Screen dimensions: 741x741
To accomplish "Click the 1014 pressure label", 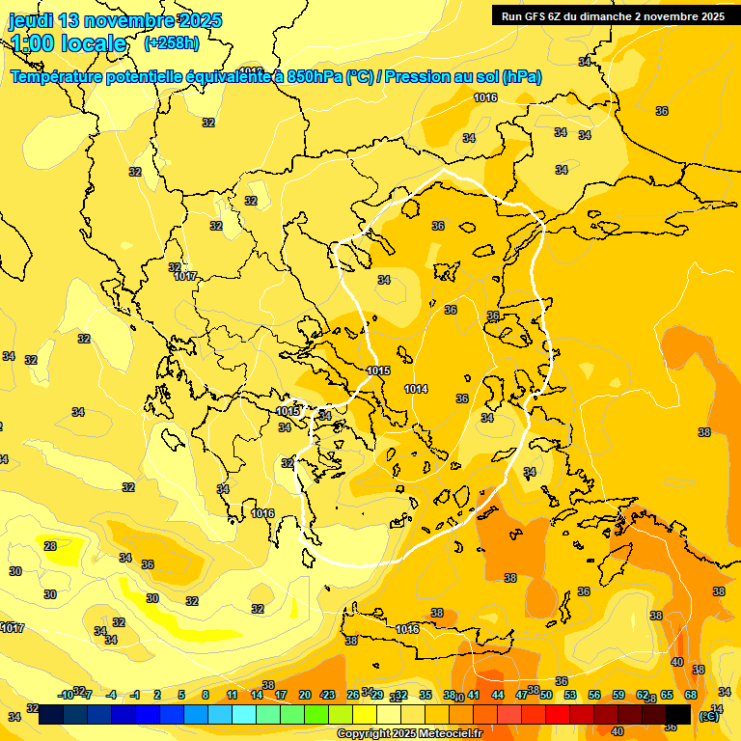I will pyautogui.click(x=416, y=389).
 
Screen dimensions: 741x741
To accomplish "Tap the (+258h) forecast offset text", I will pyautogui.click(x=172, y=42).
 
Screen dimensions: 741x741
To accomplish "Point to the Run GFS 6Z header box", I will pyautogui.click(x=613, y=15).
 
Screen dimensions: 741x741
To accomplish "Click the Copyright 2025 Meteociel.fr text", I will pyautogui.click(x=409, y=733).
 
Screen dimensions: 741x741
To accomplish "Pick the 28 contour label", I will pyautogui.click(x=50, y=546).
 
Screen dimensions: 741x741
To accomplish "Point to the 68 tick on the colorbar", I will pyautogui.click(x=691, y=695).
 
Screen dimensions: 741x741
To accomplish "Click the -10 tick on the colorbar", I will pyautogui.click(x=66, y=695).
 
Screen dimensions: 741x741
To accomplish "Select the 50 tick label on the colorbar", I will pyautogui.click(x=545, y=695).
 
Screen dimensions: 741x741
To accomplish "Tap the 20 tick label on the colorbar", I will pyautogui.click(x=305, y=695).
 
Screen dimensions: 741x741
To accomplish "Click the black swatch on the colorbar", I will pyautogui.click(x=677, y=714).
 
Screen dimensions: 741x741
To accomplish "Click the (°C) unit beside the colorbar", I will pyautogui.click(x=708, y=715).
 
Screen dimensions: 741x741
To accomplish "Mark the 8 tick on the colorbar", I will pyautogui.click(x=206, y=695).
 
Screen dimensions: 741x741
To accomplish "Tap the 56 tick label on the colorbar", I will pyautogui.click(x=593, y=695).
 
